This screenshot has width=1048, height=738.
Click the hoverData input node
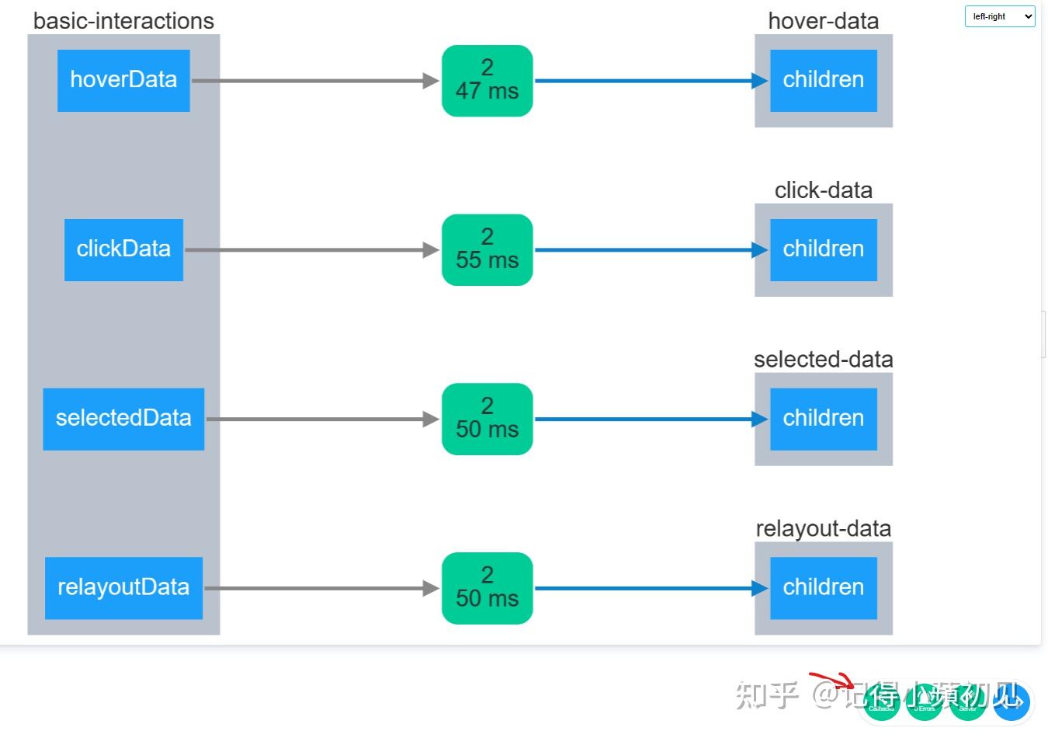[123, 80]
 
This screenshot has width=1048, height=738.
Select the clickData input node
[123, 249]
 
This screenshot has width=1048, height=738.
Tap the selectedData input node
[123, 419]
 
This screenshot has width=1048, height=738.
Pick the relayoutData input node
[123, 588]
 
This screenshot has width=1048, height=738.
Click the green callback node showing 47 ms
[487, 80]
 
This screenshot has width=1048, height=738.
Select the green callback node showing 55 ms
[487, 249]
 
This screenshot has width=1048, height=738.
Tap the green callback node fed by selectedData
[487, 419]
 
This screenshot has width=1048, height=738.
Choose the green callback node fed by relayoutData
[487, 588]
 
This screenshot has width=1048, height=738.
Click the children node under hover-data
[823, 80]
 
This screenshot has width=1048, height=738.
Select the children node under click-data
[823, 249]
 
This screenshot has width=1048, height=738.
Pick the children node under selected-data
[823, 419]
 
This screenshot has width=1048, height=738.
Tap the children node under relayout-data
[823, 588]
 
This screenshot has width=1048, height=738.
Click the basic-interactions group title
[123, 21]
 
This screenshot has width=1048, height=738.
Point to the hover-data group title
[823, 21]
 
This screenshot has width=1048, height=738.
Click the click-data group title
[823, 190]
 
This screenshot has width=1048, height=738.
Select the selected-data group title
[823, 360]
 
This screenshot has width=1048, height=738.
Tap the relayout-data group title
[823, 529]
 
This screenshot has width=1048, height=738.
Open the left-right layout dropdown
[999, 16]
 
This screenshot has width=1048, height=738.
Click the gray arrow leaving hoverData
[311, 80]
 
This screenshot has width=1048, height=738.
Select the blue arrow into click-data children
[644, 249]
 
